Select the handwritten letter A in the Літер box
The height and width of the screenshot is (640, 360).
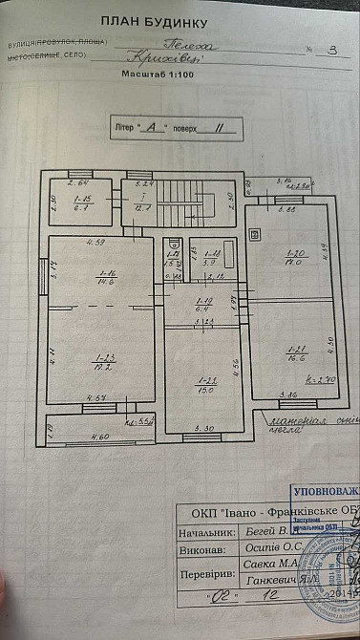point(150,124)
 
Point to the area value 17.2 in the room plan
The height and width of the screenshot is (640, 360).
point(104,364)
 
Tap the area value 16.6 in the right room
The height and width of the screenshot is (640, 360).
point(293,351)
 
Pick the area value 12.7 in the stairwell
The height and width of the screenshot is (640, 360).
point(146,206)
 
